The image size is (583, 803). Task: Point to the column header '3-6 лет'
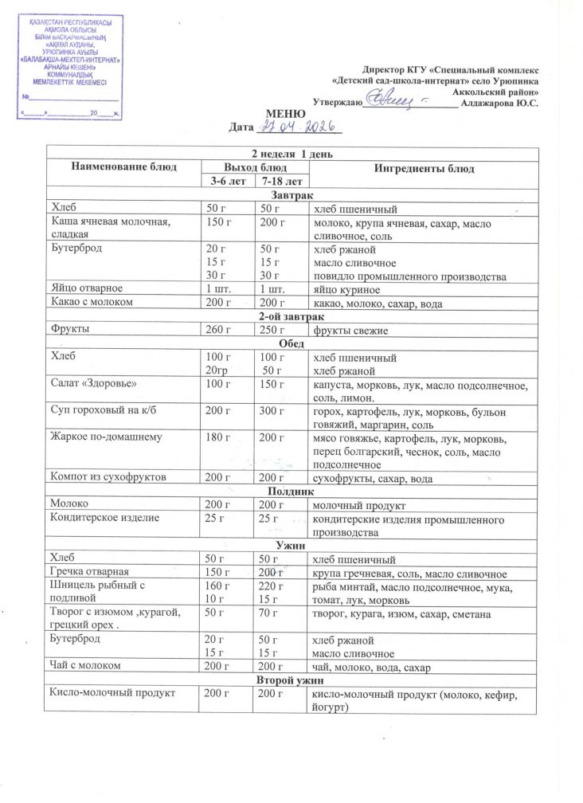coord(226,182)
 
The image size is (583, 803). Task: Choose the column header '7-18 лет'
coord(281,182)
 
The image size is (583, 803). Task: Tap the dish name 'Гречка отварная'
coord(91,572)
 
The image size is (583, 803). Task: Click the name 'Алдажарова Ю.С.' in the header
coord(499,103)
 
